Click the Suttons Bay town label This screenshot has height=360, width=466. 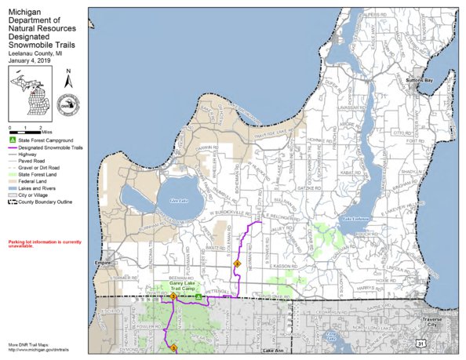[420, 80]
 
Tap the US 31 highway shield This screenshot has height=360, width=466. [423, 343]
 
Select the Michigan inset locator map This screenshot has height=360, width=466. [31, 91]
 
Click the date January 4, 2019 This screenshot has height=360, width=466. [30, 60]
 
